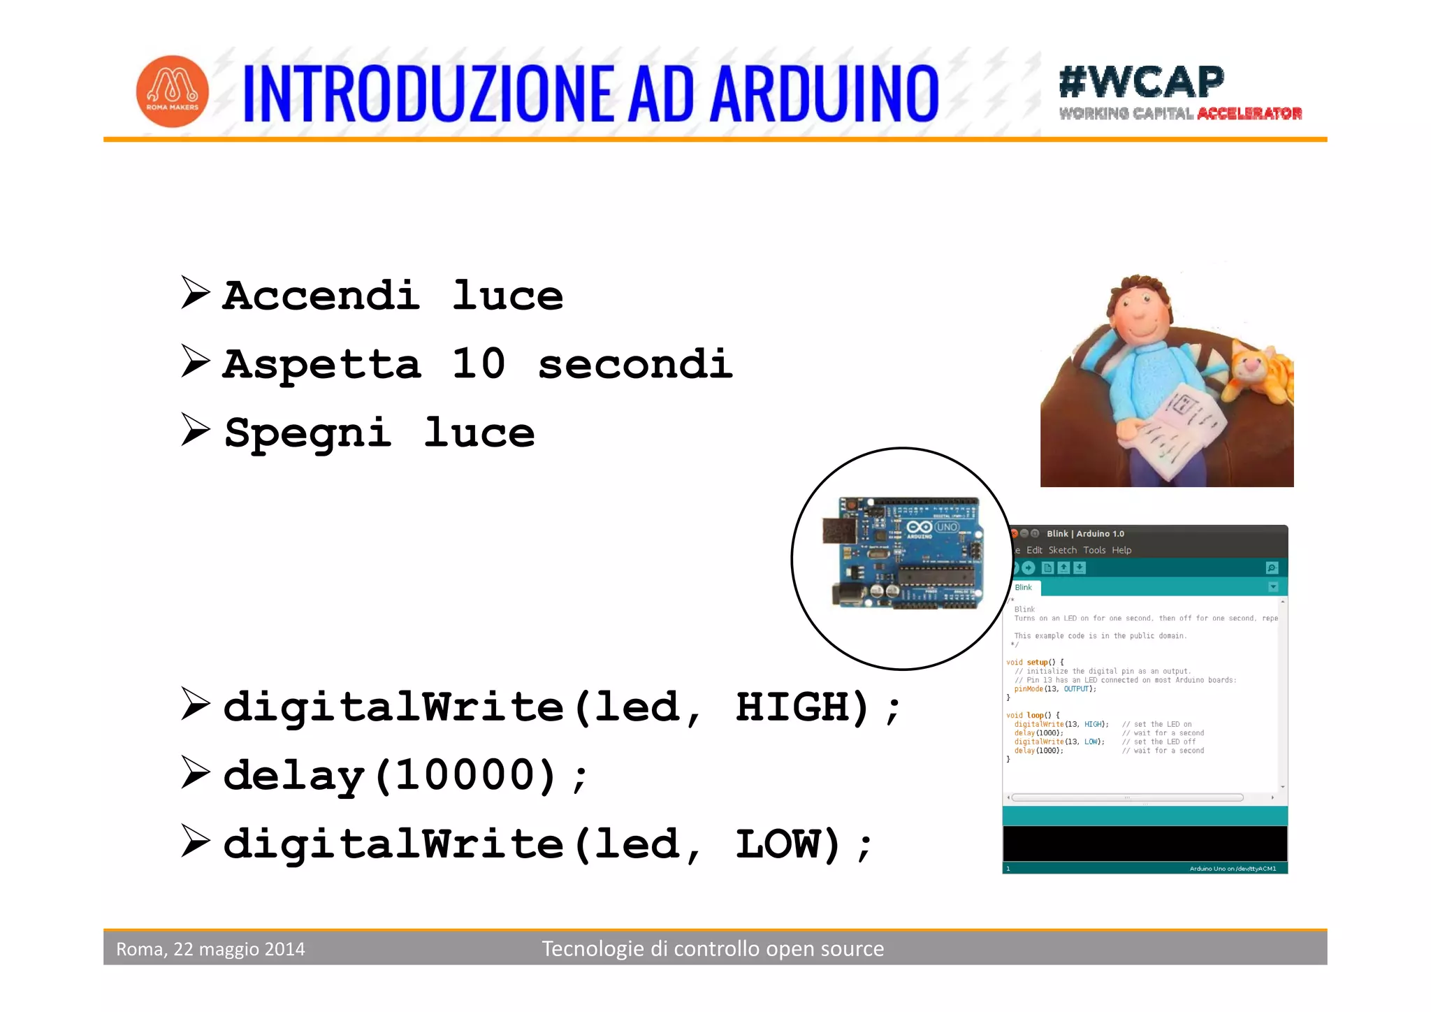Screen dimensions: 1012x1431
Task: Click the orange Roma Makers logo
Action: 172,91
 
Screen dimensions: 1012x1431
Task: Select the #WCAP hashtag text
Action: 1141,82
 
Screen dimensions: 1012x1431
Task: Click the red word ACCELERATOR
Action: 1249,114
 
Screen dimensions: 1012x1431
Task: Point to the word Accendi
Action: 321,296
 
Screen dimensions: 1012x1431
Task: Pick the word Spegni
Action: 307,433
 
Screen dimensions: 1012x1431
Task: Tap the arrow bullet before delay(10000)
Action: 195,772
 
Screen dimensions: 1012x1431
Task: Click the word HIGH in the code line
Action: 801,707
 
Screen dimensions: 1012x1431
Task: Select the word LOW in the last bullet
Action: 787,844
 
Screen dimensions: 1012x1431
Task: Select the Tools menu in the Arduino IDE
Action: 1094,550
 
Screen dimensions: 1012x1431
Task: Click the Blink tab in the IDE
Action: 1024,587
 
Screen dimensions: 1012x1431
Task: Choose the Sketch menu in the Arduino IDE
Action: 1062,550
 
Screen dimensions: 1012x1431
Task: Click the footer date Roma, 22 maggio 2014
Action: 210,949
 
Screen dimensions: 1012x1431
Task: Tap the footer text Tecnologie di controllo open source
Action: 713,948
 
